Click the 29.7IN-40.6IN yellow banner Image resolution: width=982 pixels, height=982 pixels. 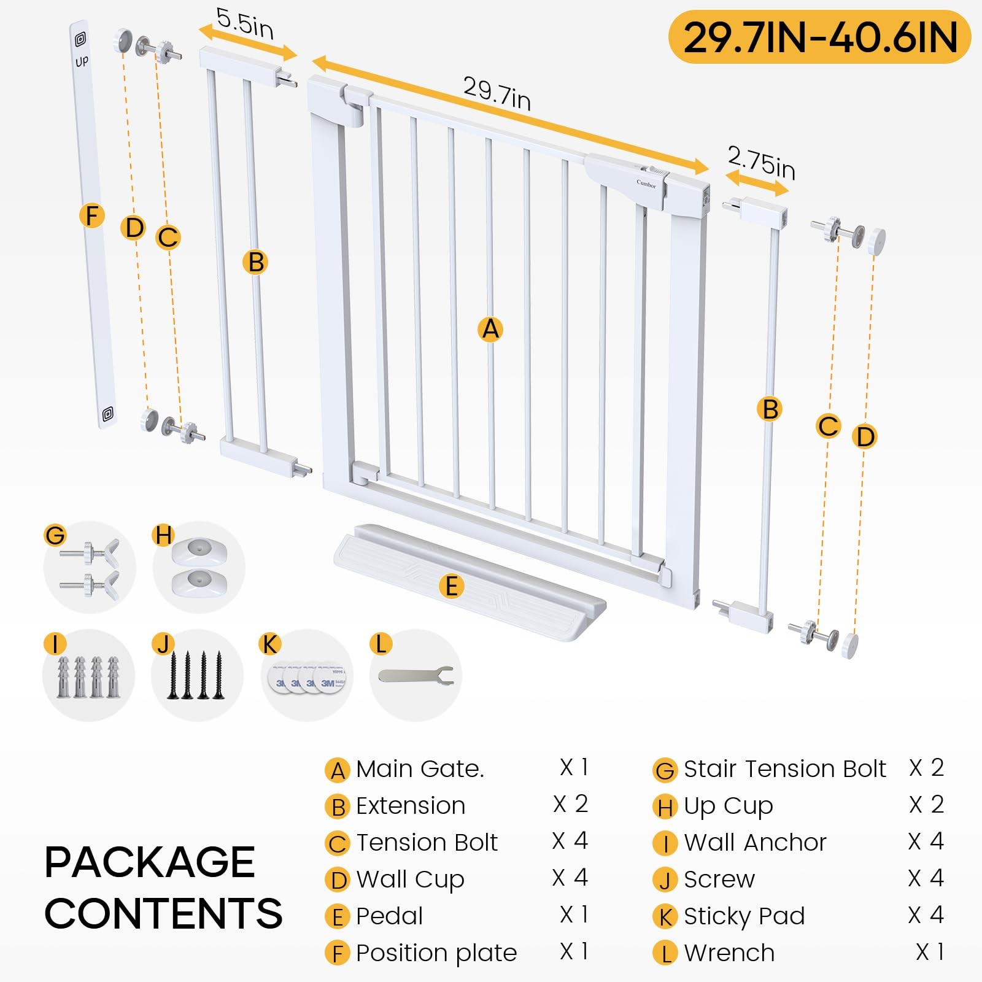click(819, 37)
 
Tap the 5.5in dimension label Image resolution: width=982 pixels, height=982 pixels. click(244, 24)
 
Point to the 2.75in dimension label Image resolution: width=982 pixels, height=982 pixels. click(761, 163)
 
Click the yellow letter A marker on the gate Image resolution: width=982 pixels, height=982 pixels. click(490, 329)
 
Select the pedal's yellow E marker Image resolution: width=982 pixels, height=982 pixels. click(451, 586)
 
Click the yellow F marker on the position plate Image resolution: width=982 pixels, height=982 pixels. click(92, 215)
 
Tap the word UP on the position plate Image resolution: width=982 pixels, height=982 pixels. click(82, 61)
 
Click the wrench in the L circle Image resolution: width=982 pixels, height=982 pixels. click(416, 676)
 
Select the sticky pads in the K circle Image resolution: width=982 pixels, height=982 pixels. click(307, 677)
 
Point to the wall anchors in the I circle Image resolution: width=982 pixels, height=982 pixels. click(88, 676)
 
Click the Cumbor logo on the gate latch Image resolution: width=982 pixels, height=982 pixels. click(646, 183)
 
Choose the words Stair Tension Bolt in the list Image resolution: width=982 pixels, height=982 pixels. click(785, 768)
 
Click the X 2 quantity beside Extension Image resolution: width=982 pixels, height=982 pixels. click(571, 804)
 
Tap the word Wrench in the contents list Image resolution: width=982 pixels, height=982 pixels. click(729, 953)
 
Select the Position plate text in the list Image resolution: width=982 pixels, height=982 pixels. click(436, 953)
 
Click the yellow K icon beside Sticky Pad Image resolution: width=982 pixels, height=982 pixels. click(665, 917)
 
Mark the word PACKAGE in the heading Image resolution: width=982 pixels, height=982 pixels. click(149, 862)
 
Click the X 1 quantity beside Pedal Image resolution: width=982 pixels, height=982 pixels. click(574, 914)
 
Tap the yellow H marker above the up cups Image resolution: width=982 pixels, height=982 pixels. click(163, 535)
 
